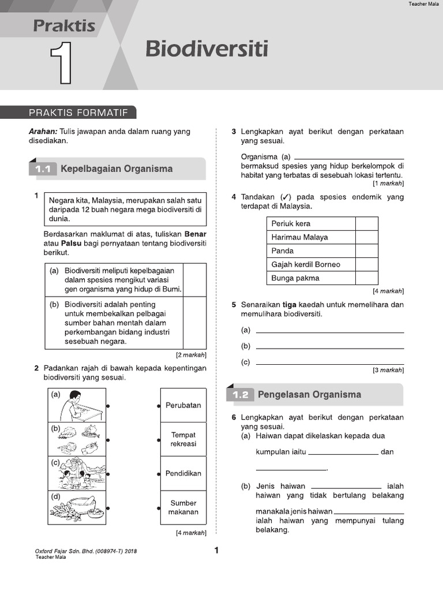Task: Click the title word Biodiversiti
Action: pos(207,49)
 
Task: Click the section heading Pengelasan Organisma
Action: pos(309,395)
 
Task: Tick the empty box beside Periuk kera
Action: pos(366,224)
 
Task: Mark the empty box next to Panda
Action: pos(366,251)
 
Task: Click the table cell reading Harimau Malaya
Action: pos(311,237)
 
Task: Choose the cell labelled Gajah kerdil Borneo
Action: pos(311,264)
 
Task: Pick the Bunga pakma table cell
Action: pos(311,278)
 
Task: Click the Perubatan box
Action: pos(183,405)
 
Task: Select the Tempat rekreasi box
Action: pos(183,439)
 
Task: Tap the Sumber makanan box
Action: pos(183,507)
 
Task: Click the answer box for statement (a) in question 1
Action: pos(195,279)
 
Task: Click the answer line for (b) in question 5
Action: pos(329,347)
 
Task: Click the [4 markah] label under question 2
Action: pos(191,533)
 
